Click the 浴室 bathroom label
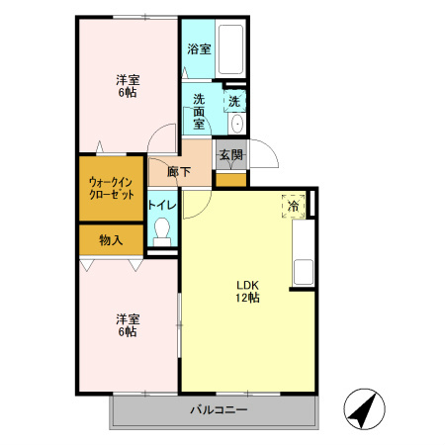[x=199, y=49]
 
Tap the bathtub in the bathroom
[x=230, y=48]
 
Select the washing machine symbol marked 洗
[x=234, y=101]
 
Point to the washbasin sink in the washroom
[x=236, y=124]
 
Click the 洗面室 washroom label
[x=199, y=112]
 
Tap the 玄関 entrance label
[x=231, y=154]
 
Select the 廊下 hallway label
[x=179, y=172]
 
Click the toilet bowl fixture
[x=162, y=231]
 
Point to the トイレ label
[x=162, y=205]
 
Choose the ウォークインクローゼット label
[x=112, y=188]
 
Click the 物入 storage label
[x=111, y=240]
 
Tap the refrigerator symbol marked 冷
[x=293, y=206]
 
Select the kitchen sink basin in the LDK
[x=304, y=272]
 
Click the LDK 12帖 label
[x=247, y=291]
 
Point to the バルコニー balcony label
[x=219, y=410]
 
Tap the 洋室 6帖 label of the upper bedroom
[x=128, y=86]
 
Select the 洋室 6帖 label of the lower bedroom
[x=128, y=325]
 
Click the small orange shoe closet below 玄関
[x=231, y=180]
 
